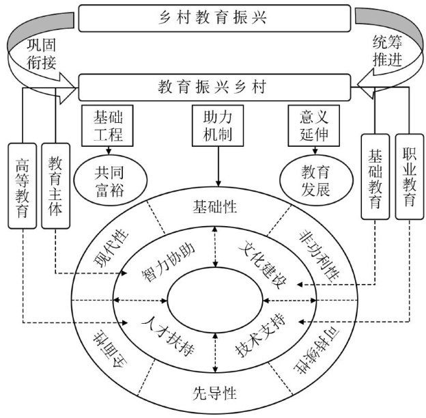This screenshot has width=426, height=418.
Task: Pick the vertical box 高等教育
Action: coord(23,184)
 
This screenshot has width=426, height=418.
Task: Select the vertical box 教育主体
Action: coord(55,184)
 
